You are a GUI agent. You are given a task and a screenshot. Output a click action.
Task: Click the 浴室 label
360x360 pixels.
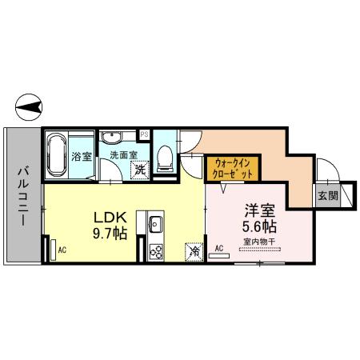(x=82, y=156)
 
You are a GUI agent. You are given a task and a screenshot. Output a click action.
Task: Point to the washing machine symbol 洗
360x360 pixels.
(x=139, y=169)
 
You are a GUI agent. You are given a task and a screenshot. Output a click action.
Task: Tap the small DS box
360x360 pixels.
(x=144, y=134)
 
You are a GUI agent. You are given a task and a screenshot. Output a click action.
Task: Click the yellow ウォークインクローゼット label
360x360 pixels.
(x=233, y=169)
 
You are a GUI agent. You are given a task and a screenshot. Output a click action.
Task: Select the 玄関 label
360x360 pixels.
(x=326, y=194)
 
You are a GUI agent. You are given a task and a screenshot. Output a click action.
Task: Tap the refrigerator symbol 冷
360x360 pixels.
(x=194, y=250)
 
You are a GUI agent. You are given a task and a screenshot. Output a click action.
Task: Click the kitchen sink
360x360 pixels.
(x=154, y=223)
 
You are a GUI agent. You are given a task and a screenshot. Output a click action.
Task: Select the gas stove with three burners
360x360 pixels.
(x=154, y=251)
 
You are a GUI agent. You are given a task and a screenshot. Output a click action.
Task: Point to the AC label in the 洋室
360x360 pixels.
(x=218, y=248)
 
